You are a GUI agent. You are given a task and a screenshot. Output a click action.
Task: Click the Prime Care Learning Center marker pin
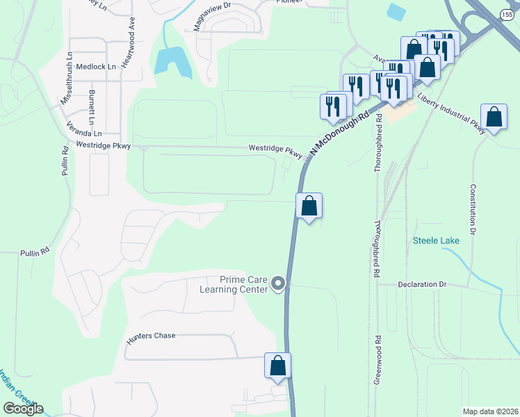tap(278, 284)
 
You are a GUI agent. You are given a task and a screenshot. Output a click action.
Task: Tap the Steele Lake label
tap(436, 240)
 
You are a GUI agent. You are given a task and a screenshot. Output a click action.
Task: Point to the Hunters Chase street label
tap(151, 336)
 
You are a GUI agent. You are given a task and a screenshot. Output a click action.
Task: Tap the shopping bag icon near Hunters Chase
tap(277, 366)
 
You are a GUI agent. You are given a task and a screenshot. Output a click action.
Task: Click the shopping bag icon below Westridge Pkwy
tap(309, 206)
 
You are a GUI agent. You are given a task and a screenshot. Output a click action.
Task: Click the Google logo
tap(23, 409)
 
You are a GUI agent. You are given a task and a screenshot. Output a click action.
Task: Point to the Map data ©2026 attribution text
tap(490, 411)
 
